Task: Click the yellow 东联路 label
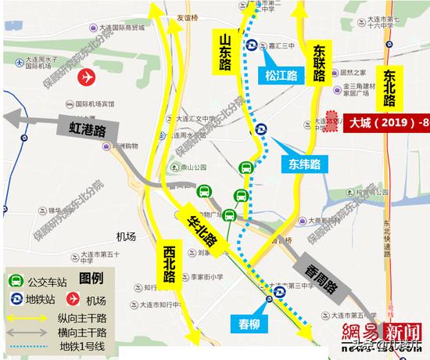point(317,62)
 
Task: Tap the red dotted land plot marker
point(331,123)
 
